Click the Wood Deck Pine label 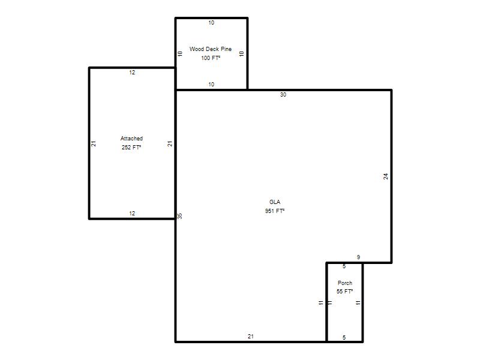pyautogui.click(x=211, y=49)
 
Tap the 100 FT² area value pyautogui.click(x=211, y=58)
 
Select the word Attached pyautogui.click(x=131, y=139)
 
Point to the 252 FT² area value pyautogui.click(x=131, y=147)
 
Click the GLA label pyautogui.click(x=275, y=202)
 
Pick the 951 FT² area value pyautogui.click(x=275, y=211)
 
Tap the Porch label pyautogui.click(x=345, y=283)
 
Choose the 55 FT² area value pyautogui.click(x=344, y=292)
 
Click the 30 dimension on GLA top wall pyautogui.click(x=283, y=95)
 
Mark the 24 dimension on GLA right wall pyautogui.click(x=386, y=176)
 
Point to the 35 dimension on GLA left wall pyautogui.click(x=179, y=216)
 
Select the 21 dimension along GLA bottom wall pyautogui.click(x=251, y=337)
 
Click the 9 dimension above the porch pyautogui.click(x=358, y=257)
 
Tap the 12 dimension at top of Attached pyautogui.click(x=132, y=73)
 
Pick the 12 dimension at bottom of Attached pyautogui.click(x=132, y=214)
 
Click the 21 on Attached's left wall pyautogui.click(x=94, y=143)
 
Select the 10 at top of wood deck pyautogui.click(x=211, y=23)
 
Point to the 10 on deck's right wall pyautogui.click(x=242, y=53)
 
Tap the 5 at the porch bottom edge pyautogui.click(x=344, y=337)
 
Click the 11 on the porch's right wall pyautogui.click(x=358, y=303)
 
